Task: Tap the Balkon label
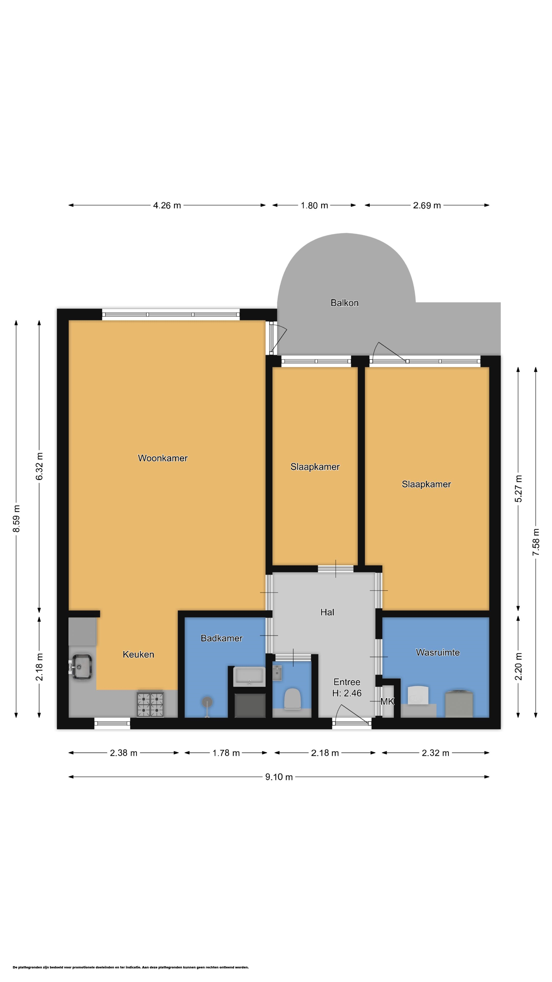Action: click(x=344, y=303)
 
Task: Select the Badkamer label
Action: click(x=222, y=638)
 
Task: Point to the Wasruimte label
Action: click(x=438, y=652)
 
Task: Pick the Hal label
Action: click(x=327, y=612)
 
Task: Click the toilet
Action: click(x=293, y=699)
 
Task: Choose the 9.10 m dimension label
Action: click(x=279, y=777)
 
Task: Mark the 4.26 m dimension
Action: click(x=167, y=205)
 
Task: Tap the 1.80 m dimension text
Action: click(x=314, y=205)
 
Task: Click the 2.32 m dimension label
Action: click(x=435, y=753)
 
